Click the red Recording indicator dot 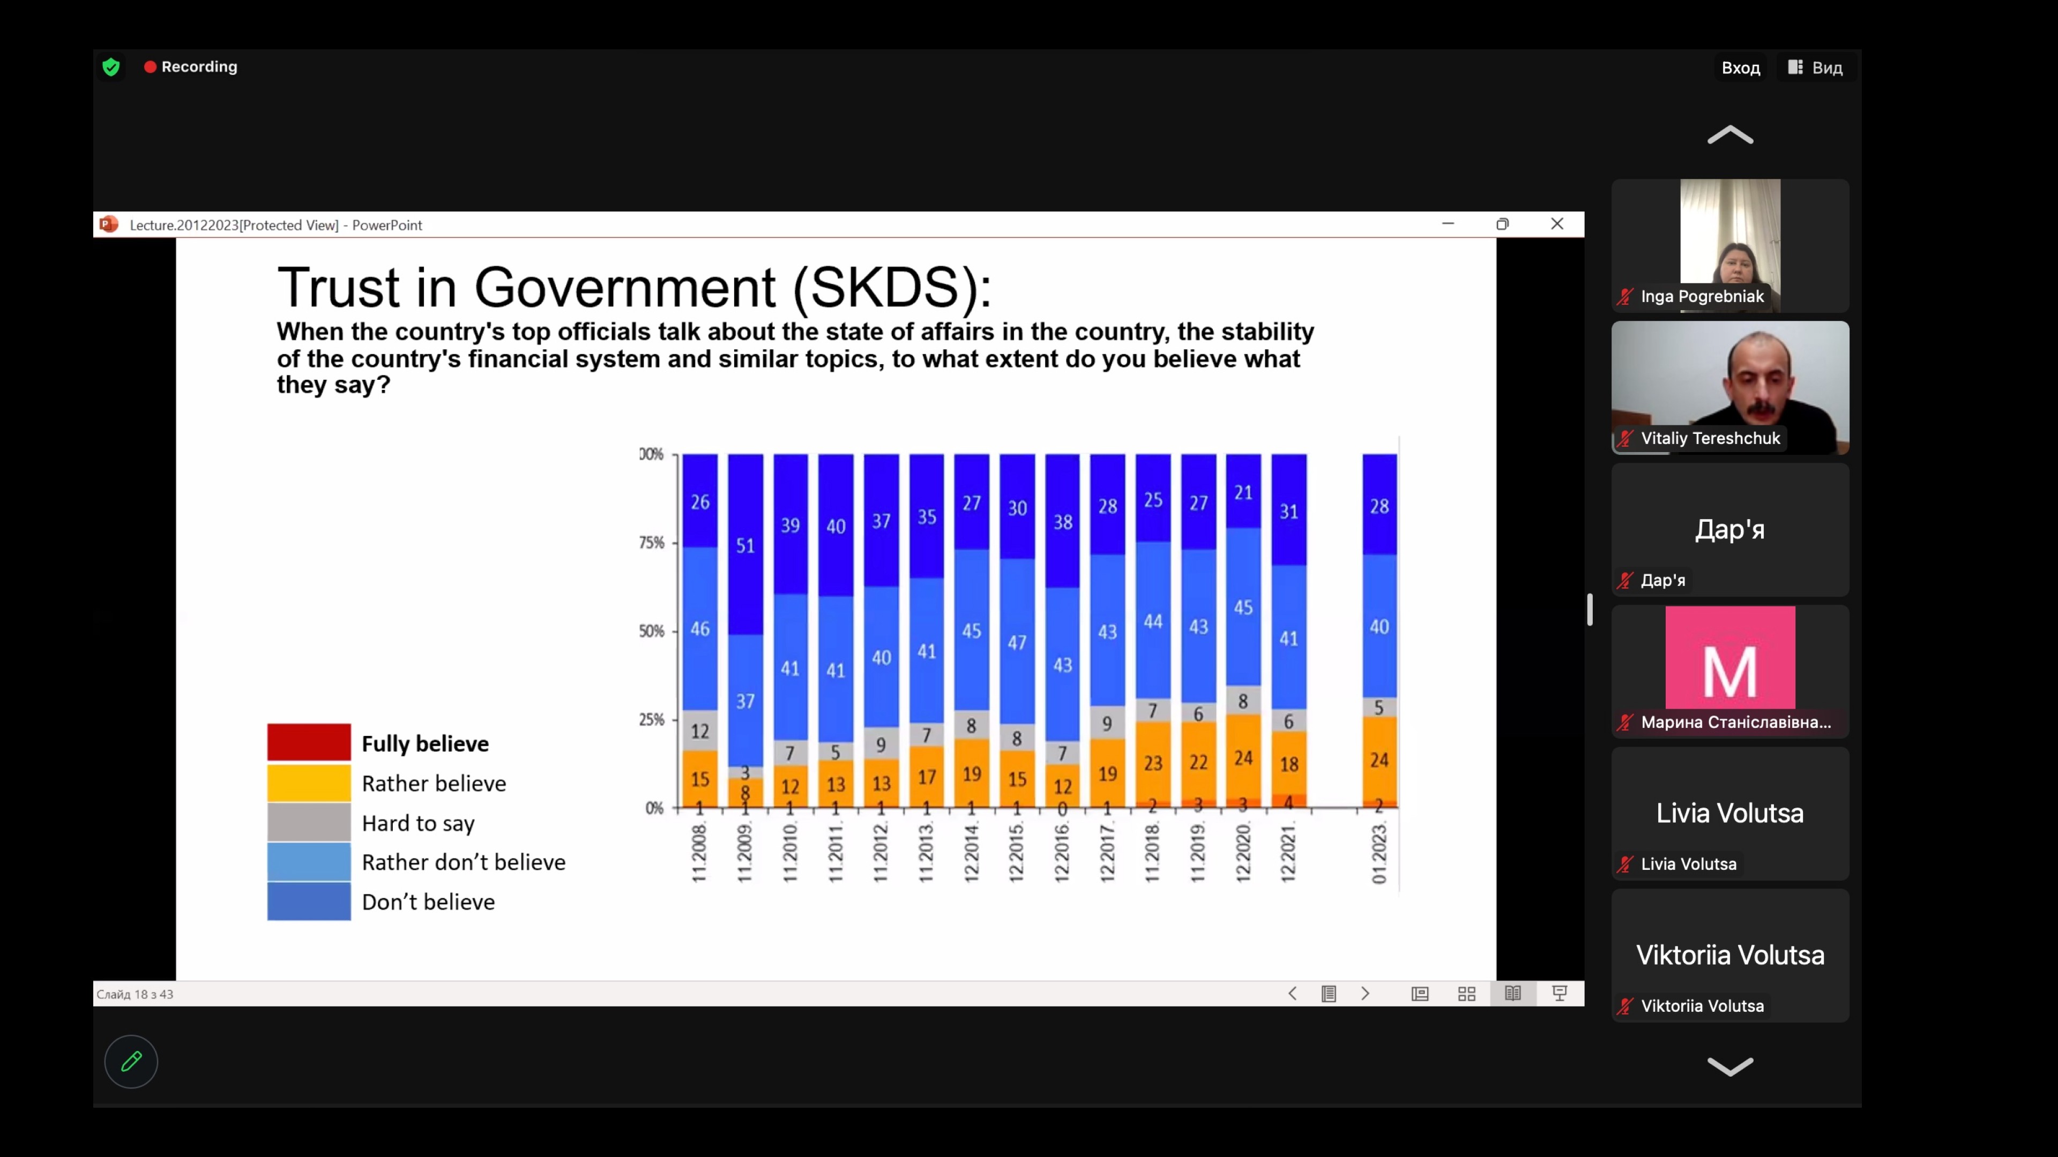[x=150, y=67]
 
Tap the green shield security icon [x=111, y=67]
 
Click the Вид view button [x=1815, y=68]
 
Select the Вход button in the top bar [x=1740, y=68]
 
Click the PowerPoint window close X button [x=1556, y=224]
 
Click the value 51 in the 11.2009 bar [x=744, y=545]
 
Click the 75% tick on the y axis [x=652, y=543]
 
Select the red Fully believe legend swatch [x=308, y=742]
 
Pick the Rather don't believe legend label [x=464, y=862]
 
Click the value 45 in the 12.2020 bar [x=1243, y=607]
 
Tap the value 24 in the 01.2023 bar [x=1379, y=760]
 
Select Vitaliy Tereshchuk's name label [x=1710, y=438]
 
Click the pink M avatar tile [x=1729, y=658]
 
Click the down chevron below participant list [x=1729, y=1066]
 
